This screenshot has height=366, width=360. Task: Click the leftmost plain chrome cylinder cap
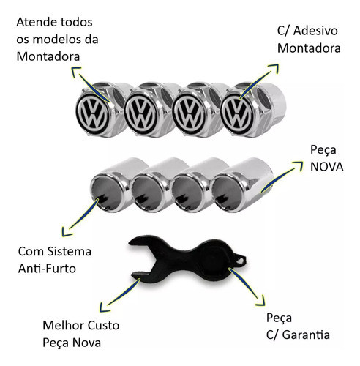115,185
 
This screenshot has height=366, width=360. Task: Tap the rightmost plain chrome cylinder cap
241,185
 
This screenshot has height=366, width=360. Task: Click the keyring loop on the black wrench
240,260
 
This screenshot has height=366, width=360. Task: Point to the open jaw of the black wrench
141,258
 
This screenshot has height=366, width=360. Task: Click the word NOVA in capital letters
327,167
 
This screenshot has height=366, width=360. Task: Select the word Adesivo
315,31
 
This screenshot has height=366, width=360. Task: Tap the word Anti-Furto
47,269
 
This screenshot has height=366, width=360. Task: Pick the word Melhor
64,325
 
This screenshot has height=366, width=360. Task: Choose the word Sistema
69,251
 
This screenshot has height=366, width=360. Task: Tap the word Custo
103,325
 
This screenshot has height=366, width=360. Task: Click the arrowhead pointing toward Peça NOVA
298,165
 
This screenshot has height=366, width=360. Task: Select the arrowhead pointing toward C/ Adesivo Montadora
274,68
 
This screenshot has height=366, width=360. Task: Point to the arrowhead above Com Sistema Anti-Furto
66,232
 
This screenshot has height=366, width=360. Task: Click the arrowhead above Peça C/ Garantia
261,302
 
